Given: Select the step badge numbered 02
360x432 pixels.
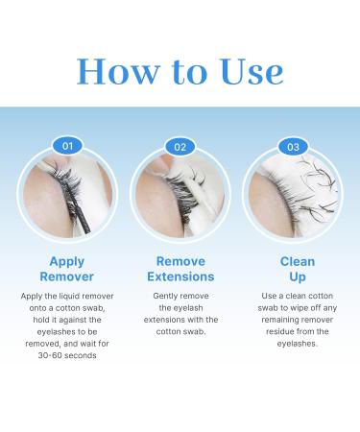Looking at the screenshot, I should coord(180,147).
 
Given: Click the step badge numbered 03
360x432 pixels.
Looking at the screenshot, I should coord(295,147).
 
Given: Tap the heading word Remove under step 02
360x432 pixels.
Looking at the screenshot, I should coord(180,261).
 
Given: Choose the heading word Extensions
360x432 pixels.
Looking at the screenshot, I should coord(180,277).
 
